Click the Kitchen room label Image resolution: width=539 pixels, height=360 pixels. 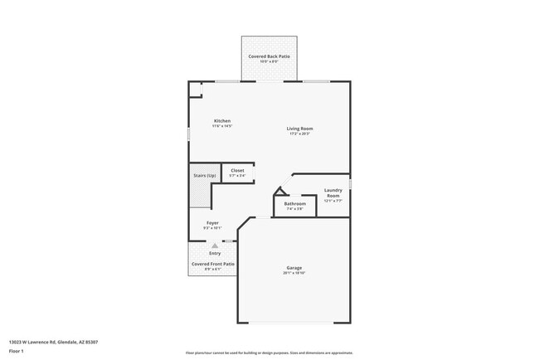tap(222, 121)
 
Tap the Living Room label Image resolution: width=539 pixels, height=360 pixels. tap(299, 129)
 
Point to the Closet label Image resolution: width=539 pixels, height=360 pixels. tap(237, 170)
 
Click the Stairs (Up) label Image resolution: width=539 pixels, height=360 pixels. tap(205, 176)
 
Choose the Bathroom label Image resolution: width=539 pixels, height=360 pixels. tap(295, 203)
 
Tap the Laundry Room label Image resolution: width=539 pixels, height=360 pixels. tap(333, 192)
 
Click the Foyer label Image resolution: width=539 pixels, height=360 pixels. tap(212, 223)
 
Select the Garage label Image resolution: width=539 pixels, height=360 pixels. tap(294, 267)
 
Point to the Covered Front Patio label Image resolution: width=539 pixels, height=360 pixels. tap(213, 264)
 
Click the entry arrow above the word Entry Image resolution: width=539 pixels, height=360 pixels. tap(214, 246)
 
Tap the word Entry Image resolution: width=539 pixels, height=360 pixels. tap(214, 253)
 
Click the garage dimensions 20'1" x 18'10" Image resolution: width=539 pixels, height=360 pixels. tap(294, 273)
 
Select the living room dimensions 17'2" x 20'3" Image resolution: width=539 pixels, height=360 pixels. tap(299, 134)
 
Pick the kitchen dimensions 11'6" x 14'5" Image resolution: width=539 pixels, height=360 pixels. tap(222, 127)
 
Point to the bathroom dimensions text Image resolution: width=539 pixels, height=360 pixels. tap(295, 209)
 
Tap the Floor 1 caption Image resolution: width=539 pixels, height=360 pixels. tap(17, 352)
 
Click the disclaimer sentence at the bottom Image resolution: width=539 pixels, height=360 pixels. tap(269, 353)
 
